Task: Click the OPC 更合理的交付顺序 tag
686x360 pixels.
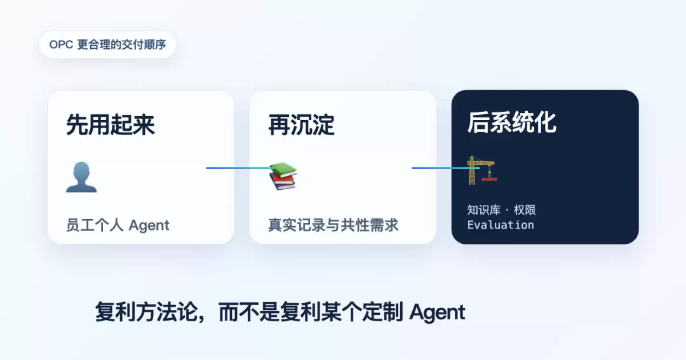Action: pos(107,44)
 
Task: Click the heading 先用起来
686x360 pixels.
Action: pos(111,124)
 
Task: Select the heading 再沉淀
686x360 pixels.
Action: pos(302,124)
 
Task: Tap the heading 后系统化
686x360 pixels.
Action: pos(512,122)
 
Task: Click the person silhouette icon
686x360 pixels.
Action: pos(81,177)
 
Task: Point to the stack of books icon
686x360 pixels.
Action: pos(283,176)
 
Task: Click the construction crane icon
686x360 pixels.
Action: pos(482,170)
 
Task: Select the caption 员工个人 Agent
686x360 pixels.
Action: pos(118,225)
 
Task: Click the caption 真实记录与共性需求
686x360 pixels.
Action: pos(333,225)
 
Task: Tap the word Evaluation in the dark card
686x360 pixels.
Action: pos(501,225)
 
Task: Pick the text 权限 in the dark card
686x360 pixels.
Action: pos(525,210)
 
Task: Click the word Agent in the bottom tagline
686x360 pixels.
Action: pos(437,312)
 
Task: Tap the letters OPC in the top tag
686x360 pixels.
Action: pos(61,44)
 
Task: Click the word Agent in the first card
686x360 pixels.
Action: pos(149,225)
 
